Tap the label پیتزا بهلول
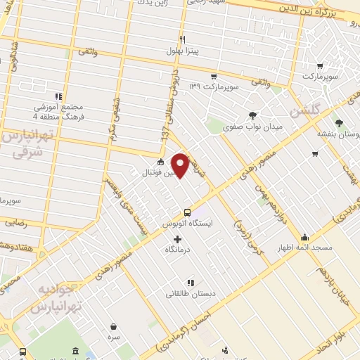183,51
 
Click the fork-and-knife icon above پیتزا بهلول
183,39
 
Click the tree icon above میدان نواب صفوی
252,115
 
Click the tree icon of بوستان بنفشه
340,122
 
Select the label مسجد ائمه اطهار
304,248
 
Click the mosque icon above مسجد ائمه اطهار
304,237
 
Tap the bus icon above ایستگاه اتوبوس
187,212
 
